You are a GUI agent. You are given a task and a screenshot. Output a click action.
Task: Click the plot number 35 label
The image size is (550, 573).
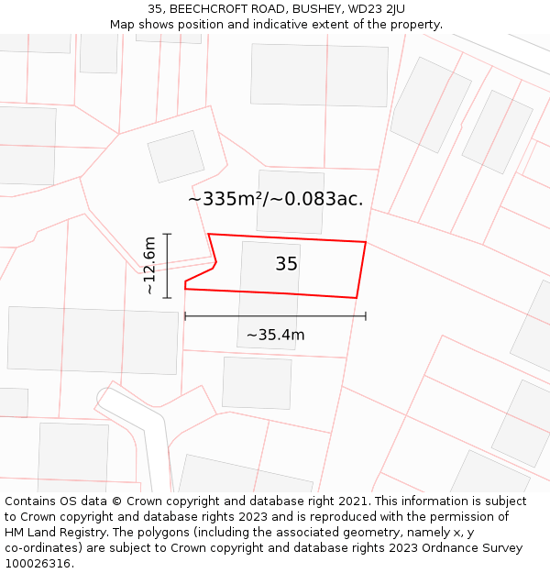click(x=286, y=264)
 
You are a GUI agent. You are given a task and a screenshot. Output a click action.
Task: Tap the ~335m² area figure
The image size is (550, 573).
click(x=225, y=199)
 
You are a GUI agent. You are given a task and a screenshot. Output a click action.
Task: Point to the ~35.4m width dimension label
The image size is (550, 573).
click(x=275, y=335)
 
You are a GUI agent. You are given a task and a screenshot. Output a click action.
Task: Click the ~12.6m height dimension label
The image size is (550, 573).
click(x=150, y=266)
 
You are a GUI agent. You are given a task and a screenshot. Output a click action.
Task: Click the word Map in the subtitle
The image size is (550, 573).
click(x=124, y=25)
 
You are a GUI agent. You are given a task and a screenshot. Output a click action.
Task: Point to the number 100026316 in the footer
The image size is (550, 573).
click(x=38, y=564)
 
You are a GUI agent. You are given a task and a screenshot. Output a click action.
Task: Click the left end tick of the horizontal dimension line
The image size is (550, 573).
click(x=185, y=316)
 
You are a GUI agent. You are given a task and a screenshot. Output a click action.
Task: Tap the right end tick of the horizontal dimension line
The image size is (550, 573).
click(x=366, y=316)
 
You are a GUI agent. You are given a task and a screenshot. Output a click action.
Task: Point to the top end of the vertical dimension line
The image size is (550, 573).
click(x=167, y=234)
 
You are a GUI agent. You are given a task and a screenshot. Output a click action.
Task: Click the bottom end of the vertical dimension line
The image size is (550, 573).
click(x=167, y=298)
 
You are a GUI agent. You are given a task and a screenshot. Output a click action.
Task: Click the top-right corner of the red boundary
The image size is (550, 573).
click(x=366, y=242)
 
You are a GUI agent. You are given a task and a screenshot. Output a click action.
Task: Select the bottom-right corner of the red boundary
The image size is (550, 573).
click(x=356, y=298)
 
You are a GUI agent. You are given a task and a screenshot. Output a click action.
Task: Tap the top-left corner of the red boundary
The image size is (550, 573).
click(x=209, y=234)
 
